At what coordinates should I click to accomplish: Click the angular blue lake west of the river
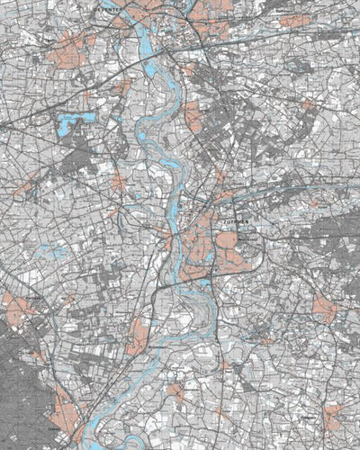[x=67, y=123]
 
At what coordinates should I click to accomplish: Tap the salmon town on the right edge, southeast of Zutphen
[x=324, y=310]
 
